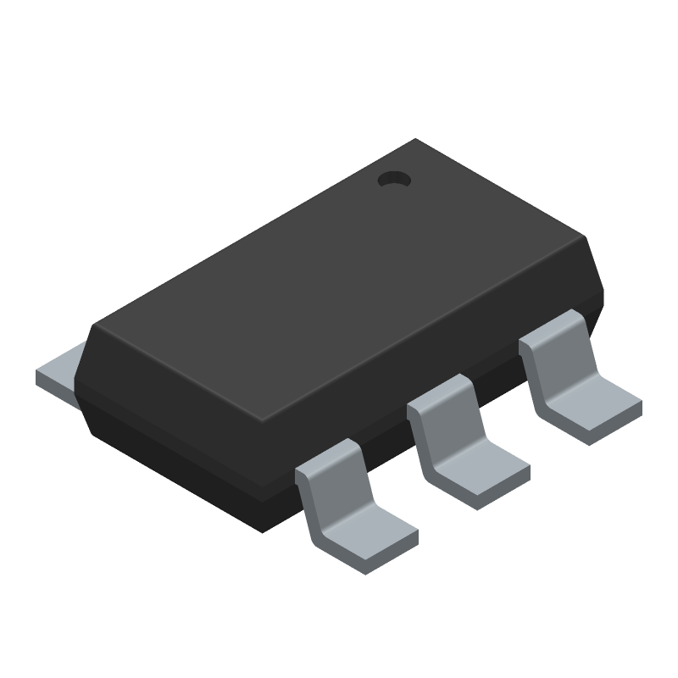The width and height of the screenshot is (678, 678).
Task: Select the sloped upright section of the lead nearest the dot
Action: click(x=555, y=347)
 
